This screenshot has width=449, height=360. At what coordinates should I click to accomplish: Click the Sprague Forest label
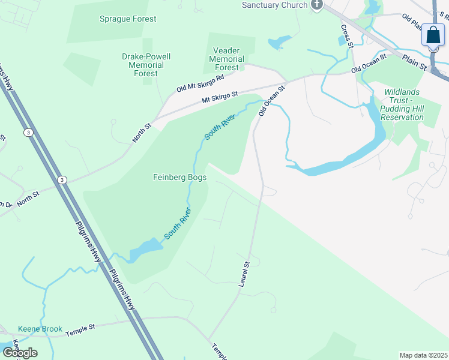pyautogui.click(x=127, y=19)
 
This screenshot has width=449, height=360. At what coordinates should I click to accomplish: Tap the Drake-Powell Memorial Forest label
pyautogui.click(x=146, y=65)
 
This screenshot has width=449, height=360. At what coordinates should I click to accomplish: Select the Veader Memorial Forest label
pyautogui.click(x=226, y=59)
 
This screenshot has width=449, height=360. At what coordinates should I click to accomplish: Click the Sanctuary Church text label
pyautogui.click(x=275, y=5)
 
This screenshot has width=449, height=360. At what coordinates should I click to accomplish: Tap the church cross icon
pyautogui.click(x=317, y=5)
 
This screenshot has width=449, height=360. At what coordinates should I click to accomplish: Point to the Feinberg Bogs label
pyautogui.click(x=180, y=178)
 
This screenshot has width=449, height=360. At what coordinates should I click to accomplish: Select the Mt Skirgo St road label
pyautogui.click(x=220, y=97)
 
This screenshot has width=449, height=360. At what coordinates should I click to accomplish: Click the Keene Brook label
pyautogui.click(x=40, y=329)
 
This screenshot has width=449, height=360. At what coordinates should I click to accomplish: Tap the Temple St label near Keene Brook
pyautogui.click(x=80, y=328)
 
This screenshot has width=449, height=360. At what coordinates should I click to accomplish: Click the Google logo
pyautogui.click(x=20, y=353)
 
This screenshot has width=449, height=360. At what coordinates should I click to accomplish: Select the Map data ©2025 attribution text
pyautogui.click(x=423, y=355)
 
